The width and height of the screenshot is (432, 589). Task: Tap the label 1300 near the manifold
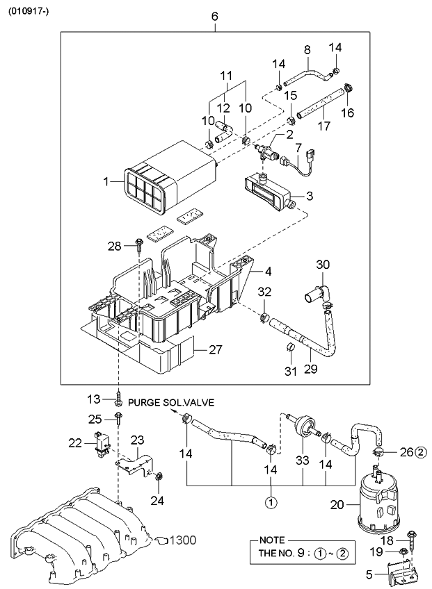[182, 539]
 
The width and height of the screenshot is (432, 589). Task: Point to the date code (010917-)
[29, 10]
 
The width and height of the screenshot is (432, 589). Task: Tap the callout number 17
[323, 127]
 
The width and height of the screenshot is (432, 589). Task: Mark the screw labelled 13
[121, 400]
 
